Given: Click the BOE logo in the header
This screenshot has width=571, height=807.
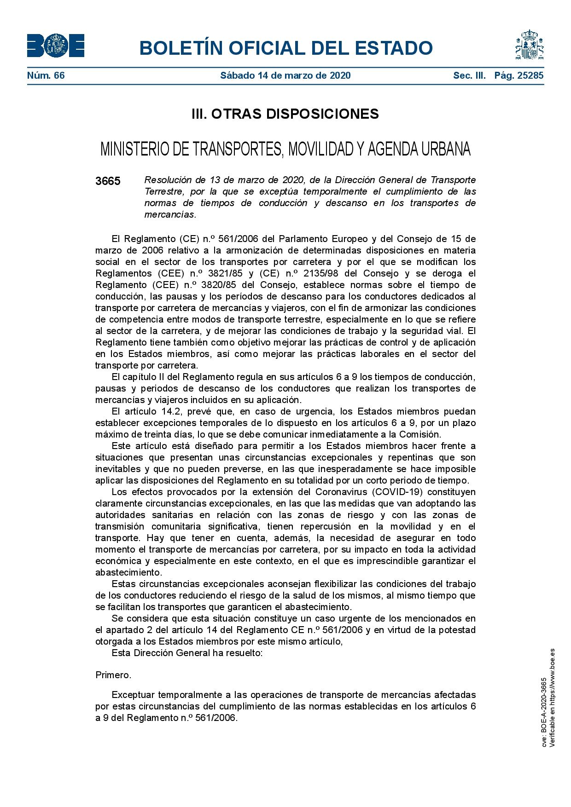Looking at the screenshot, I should click(55, 46).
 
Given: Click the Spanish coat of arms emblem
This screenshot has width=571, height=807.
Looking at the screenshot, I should click(529, 45).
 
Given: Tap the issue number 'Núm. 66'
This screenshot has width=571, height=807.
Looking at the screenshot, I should click(46, 75).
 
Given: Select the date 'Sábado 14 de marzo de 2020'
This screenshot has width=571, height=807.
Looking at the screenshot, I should click(285, 75).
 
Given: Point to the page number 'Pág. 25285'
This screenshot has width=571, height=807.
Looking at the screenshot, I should click(519, 75).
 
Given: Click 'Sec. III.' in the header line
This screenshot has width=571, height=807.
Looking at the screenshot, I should click(469, 75).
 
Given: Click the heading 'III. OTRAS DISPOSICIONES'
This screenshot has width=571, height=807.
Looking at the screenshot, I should click(285, 114).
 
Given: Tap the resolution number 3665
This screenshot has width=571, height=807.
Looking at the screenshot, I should click(108, 181).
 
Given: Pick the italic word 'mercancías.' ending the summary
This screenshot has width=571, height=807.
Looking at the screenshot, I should click(170, 214).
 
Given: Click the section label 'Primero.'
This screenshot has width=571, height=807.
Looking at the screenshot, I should click(113, 675).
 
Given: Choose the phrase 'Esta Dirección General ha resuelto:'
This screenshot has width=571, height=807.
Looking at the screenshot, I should click(187, 653).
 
